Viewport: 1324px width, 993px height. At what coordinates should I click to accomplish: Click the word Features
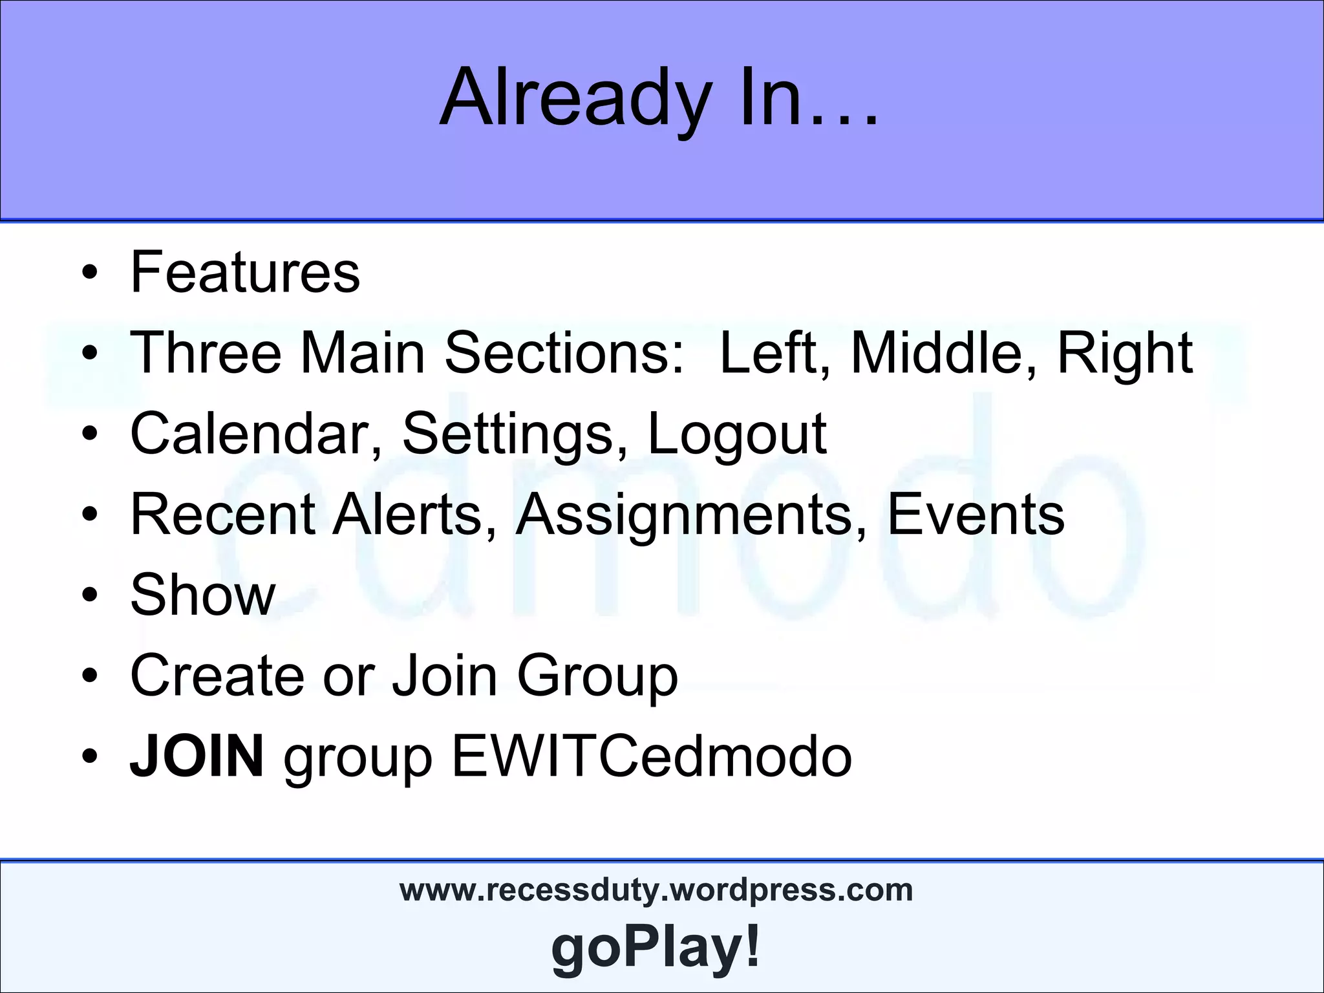(x=245, y=272)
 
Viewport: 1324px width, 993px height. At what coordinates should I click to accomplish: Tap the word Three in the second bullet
(x=206, y=352)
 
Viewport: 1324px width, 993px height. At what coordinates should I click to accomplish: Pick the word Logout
(x=737, y=434)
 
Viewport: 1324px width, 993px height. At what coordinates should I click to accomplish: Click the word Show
(x=203, y=595)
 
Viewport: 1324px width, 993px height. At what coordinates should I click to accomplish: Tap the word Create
(x=217, y=676)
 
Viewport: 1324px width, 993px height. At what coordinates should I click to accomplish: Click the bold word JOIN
(x=197, y=756)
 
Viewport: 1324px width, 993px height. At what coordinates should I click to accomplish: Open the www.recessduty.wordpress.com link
(x=656, y=891)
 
